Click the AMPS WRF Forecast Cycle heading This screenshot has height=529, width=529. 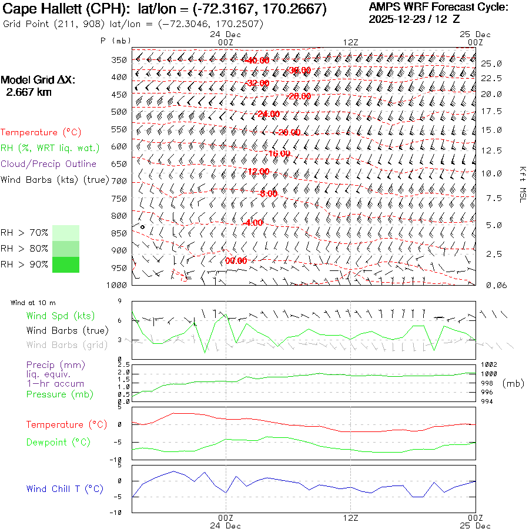tap(438, 7)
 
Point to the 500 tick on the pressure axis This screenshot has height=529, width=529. tap(120, 112)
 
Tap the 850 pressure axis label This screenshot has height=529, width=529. tap(120, 233)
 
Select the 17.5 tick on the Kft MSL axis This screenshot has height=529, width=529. tap(491, 111)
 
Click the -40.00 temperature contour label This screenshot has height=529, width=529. tap(257, 61)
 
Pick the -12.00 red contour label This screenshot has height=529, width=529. tap(257, 172)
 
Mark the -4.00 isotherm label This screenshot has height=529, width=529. tap(253, 223)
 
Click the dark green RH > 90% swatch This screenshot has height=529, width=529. tap(66, 265)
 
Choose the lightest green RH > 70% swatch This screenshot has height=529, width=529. tap(66, 233)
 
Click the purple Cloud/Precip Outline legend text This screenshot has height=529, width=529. tap(49, 164)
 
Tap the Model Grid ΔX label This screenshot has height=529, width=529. tap(38, 81)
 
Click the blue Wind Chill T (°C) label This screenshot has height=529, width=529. tap(65, 489)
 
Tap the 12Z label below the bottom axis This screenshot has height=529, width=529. tap(350, 518)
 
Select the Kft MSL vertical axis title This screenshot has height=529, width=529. tap(521, 184)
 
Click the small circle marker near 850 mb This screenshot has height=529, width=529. tap(142, 226)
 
